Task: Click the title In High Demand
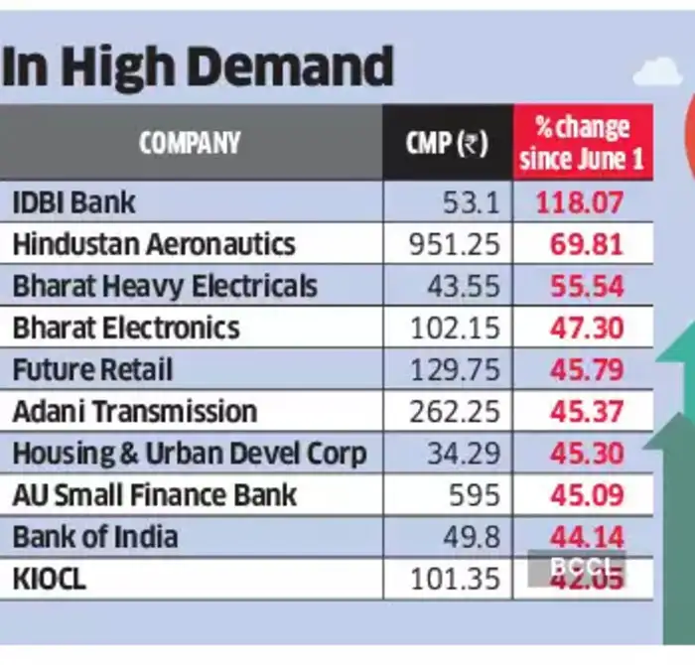(x=198, y=68)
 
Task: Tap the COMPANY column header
(x=190, y=143)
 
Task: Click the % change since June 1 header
(x=583, y=143)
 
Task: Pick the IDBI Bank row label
(x=73, y=202)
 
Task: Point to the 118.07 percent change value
(x=581, y=203)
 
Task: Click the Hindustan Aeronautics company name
(x=154, y=244)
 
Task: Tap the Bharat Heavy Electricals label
(x=165, y=286)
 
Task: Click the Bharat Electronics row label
(x=126, y=328)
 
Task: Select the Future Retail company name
(x=92, y=369)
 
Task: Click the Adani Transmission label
(x=135, y=411)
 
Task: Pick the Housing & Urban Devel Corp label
(x=190, y=453)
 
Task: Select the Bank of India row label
(x=95, y=537)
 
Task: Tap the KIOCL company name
(x=50, y=579)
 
